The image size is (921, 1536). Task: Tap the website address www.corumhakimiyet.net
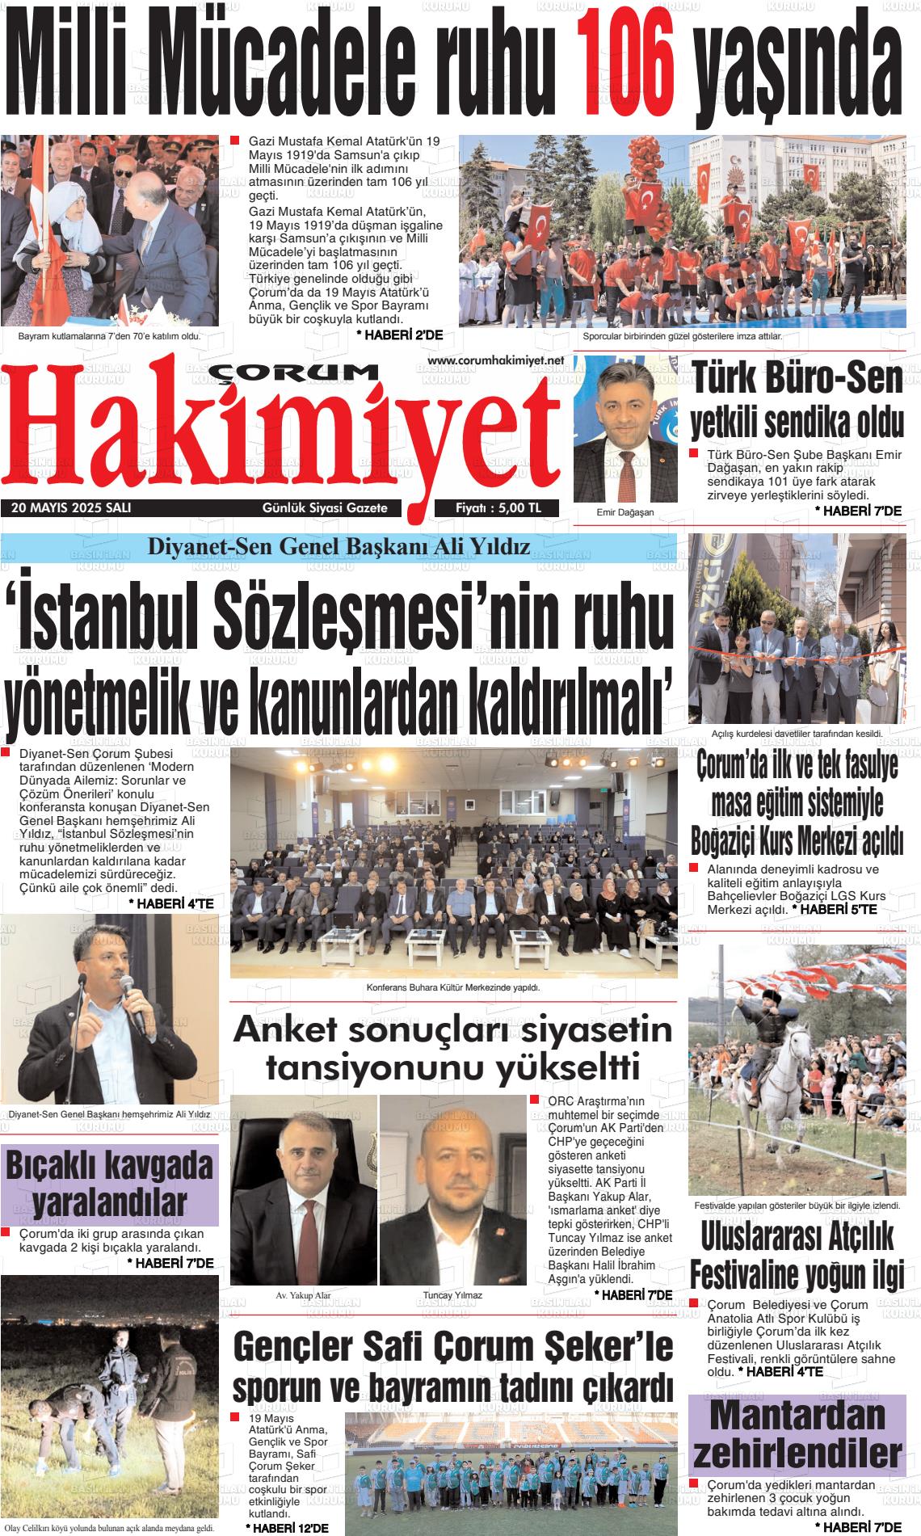click(494, 360)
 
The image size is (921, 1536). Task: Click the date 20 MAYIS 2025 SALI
click(71, 508)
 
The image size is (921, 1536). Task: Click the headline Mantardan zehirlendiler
click(797, 1435)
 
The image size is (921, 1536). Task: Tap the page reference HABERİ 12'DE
click(287, 1528)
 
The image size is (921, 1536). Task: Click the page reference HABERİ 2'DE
click(399, 335)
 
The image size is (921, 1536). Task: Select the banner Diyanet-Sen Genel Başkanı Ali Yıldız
click(339, 547)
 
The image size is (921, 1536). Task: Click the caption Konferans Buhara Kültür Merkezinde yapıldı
click(452, 987)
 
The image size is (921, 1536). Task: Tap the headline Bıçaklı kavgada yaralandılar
click(110, 1185)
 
